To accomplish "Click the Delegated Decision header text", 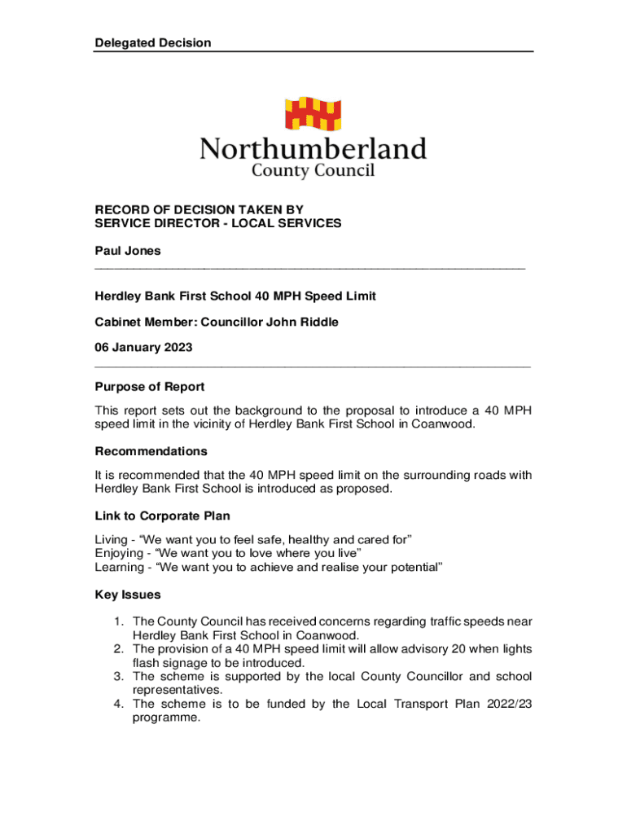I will (x=153, y=42).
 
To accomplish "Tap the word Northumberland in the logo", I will (x=313, y=149).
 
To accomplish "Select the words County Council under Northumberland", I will (x=313, y=170).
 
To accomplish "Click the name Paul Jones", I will (x=128, y=250).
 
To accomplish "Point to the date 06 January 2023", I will (x=143, y=348).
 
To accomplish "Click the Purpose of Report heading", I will (x=150, y=387).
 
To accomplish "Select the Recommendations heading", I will (x=151, y=451).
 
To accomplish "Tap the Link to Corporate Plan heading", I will (x=163, y=516).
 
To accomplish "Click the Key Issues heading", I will (x=128, y=595).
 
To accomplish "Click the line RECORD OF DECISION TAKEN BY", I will (x=199, y=209).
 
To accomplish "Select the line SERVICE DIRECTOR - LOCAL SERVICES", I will (x=218, y=223).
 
